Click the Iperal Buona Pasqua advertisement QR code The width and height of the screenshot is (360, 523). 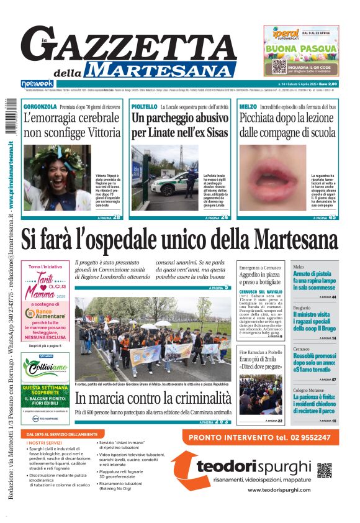[x=279, y=66]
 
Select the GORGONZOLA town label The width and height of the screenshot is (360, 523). [x=40, y=107]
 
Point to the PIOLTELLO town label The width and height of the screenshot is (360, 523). [x=144, y=107]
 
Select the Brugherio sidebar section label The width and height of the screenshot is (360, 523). [x=302, y=308]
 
